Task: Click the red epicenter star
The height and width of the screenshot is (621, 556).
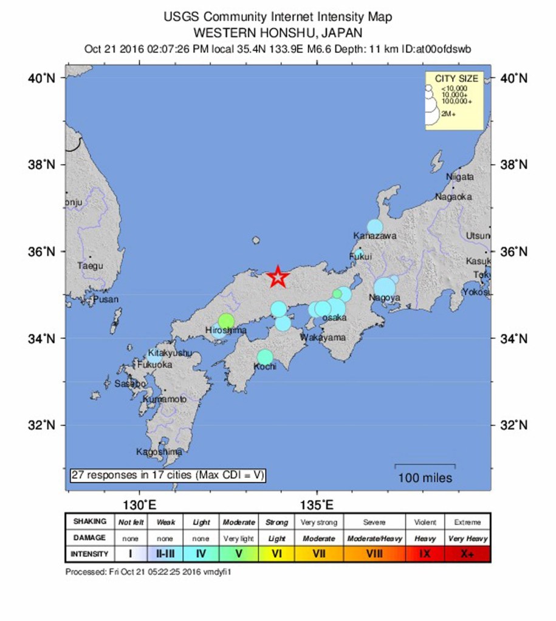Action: pos(278,276)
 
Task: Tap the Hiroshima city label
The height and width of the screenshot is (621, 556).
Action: pos(226,331)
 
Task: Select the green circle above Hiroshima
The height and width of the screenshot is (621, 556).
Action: pos(226,320)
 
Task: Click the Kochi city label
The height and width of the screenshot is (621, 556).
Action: pos(266,366)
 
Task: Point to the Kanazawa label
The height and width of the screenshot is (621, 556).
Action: pos(375,236)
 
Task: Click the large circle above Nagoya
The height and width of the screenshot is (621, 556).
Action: pos(385,286)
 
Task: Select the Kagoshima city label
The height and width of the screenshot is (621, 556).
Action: pos(159,452)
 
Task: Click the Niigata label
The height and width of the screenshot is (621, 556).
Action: pos(460,177)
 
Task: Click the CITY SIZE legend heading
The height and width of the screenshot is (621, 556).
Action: pos(456,78)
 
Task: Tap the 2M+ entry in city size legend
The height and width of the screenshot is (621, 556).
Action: pos(449,114)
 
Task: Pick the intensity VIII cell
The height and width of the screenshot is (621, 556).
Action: pos(374,554)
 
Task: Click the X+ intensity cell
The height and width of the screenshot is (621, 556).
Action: pos(467,554)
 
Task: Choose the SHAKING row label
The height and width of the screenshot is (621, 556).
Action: pos(89,521)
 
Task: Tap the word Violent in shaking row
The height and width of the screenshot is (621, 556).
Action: pos(425,522)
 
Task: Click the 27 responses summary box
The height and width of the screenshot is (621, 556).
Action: pos(167,475)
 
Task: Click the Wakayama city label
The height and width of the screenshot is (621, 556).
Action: pos(323,337)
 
